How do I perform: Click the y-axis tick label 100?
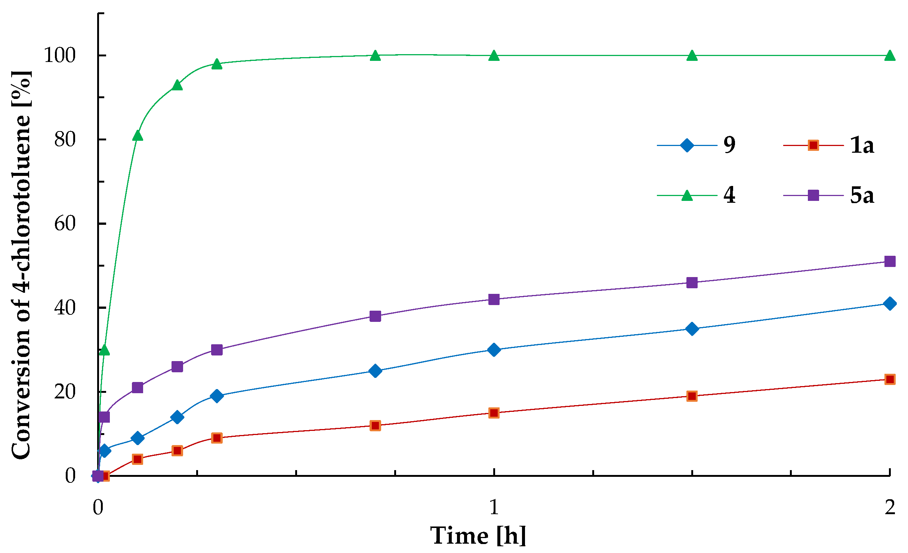click(x=60, y=55)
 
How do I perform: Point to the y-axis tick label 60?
click(x=65, y=224)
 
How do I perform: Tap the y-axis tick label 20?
click(x=65, y=392)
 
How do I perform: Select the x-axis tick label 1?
click(x=494, y=507)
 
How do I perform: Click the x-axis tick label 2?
click(x=890, y=507)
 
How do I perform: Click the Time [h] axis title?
click(x=478, y=535)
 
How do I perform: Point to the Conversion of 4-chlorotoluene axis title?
click(x=21, y=265)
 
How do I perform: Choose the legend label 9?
click(x=729, y=145)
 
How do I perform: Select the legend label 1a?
click(x=862, y=145)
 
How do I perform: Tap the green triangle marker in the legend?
click(x=687, y=195)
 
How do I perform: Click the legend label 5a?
click(x=862, y=195)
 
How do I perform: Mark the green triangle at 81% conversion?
click(x=138, y=136)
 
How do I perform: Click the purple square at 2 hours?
click(x=890, y=261)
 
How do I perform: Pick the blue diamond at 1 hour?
click(x=494, y=350)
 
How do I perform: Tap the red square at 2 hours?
click(x=890, y=379)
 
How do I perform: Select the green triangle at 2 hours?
click(x=890, y=56)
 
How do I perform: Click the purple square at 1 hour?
click(x=494, y=299)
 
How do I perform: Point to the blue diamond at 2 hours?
click(x=890, y=304)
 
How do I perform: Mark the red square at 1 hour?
click(x=494, y=413)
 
